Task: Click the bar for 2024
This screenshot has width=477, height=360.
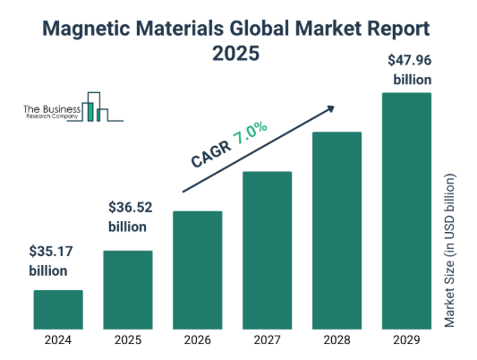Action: click(x=58, y=309)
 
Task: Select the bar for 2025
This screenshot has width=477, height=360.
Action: click(x=128, y=289)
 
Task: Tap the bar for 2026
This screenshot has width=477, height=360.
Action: click(x=197, y=270)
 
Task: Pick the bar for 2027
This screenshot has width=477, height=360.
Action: click(x=267, y=250)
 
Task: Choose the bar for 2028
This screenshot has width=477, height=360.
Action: click(x=336, y=230)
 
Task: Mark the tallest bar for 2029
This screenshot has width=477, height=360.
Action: click(x=405, y=210)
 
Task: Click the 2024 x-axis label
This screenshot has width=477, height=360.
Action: click(x=58, y=340)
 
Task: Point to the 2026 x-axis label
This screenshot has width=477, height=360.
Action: click(x=197, y=340)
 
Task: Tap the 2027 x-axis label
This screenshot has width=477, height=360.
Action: click(x=267, y=340)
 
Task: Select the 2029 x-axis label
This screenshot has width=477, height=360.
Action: click(x=405, y=340)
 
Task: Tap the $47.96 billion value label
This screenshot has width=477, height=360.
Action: click(x=411, y=70)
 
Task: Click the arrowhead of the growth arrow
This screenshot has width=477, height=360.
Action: click(x=330, y=107)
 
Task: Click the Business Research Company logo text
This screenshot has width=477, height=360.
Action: click(x=51, y=111)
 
